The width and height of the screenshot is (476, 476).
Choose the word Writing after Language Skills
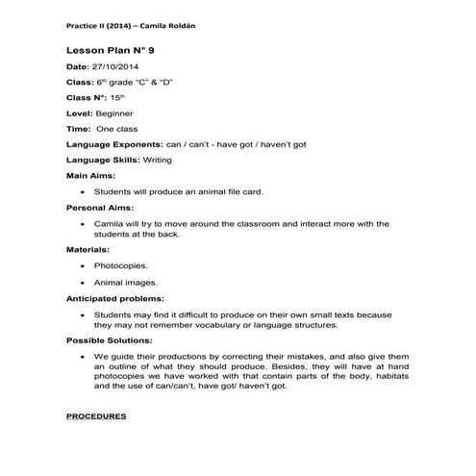coord(157,160)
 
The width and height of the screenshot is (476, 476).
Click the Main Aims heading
coord(90,175)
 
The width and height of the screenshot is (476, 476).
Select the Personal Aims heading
coord(100,207)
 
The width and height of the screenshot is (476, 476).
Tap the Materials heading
coord(88,249)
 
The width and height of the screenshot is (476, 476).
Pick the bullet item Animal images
coord(124,283)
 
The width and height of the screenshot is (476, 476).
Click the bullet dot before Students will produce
coord(85,191)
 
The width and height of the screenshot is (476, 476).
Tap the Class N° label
coord(85,97)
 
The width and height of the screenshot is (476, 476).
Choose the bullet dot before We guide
coord(85,357)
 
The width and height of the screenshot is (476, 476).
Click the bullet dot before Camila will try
coord(85,223)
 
